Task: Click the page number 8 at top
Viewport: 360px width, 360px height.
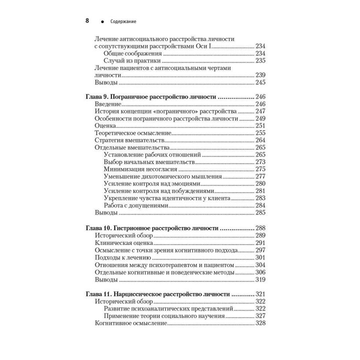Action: (x=87, y=20)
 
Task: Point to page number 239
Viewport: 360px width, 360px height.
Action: (x=260, y=75)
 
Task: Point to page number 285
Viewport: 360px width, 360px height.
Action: (x=260, y=212)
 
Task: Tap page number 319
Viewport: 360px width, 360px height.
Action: (x=260, y=279)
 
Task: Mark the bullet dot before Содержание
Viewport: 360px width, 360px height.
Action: (x=102, y=22)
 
